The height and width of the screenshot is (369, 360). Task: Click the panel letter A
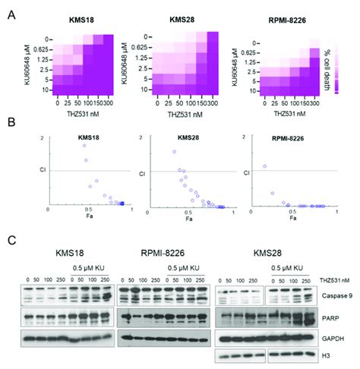pyautogui.click(x=10, y=11)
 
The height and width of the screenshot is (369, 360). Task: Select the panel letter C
pyautogui.click(x=10, y=241)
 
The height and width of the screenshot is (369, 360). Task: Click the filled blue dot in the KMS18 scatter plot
pyautogui.click(x=122, y=203)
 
